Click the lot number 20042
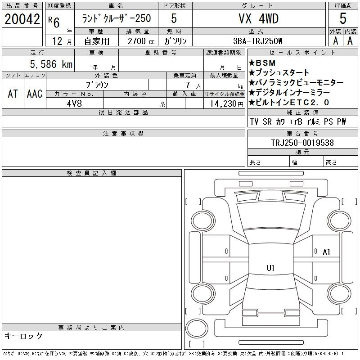[x=22, y=19]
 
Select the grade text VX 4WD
[x=259, y=18]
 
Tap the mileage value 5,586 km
[x=51, y=64]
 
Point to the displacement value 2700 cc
[x=141, y=41]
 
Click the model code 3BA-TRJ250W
[x=257, y=41]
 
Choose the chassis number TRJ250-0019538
[x=302, y=143]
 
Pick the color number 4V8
[x=74, y=103]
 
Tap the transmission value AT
[x=13, y=94]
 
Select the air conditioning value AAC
[x=35, y=94]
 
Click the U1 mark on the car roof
[x=271, y=268]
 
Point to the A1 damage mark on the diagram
[x=326, y=252]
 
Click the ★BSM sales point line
[x=262, y=63]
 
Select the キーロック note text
[x=24, y=336]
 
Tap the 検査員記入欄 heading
[x=91, y=173]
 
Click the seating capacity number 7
[x=188, y=85]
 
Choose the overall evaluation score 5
[x=343, y=18]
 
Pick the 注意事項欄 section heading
[x=123, y=134]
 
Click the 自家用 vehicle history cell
[x=97, y=41]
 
